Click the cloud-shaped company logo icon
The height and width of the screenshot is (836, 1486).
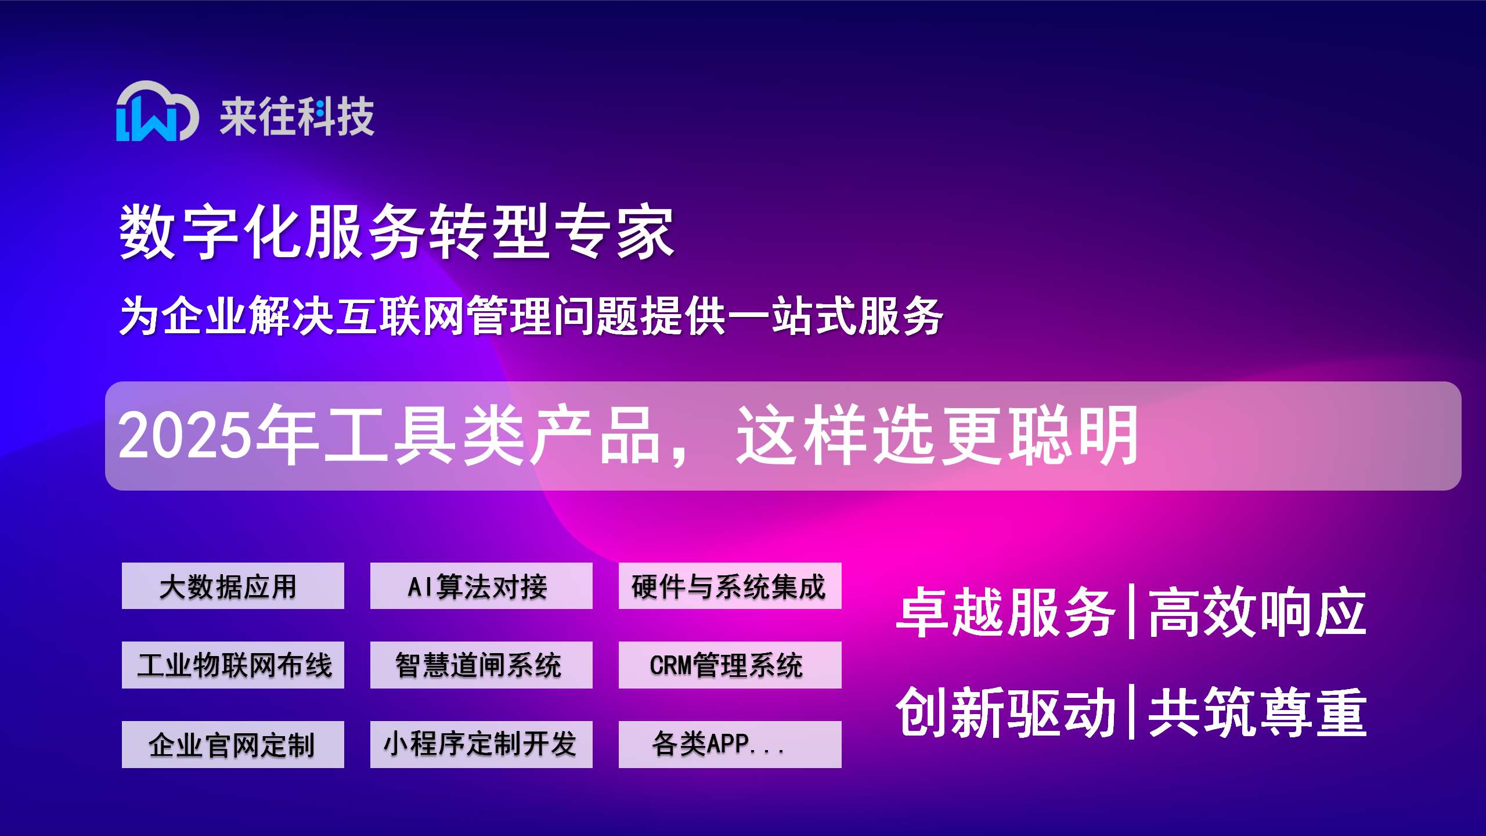(x=157, y=111)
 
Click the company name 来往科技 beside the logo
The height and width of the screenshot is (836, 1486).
(x=297, y=116)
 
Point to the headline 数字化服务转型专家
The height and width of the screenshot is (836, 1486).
(x=396, y=231)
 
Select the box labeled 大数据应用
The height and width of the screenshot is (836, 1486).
(x=233, y=586)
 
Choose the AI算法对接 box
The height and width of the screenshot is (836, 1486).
(x=481, y=586)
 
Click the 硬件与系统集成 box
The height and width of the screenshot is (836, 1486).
(x=730, y=586)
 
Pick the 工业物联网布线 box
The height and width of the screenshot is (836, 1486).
(x=233, y=665)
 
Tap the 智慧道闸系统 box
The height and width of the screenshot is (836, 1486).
(x=481, y=665)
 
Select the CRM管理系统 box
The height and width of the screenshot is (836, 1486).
(x=730, y=665)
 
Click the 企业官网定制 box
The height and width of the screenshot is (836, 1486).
(x=233, y=744)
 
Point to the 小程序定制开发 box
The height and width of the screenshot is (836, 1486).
(x=481, y=744)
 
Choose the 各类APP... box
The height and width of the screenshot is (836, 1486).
(x=730, y=744)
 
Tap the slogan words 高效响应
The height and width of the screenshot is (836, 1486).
(x=1257, y=612)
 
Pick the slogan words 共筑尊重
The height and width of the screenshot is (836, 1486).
(x=1257, y=712)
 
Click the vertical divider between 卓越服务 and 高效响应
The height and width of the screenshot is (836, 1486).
(x=1131, y=612)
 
